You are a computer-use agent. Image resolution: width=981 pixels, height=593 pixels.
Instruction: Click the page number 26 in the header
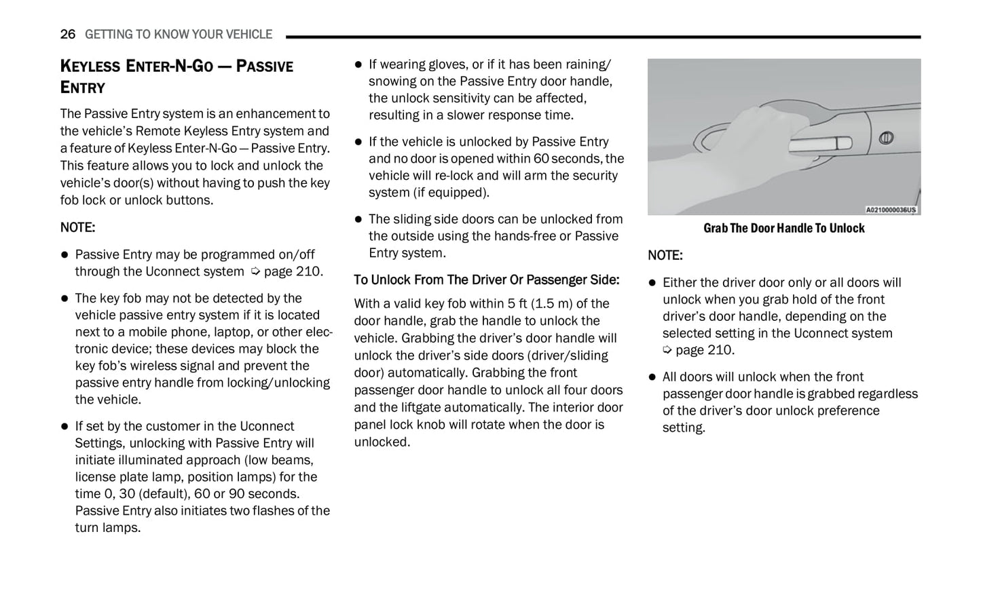click(x=67, y=34)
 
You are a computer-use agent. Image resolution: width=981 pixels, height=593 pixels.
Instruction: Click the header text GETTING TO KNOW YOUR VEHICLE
click(x=179, y=34)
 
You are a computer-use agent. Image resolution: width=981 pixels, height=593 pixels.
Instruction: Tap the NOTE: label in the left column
click(x=77, y=227)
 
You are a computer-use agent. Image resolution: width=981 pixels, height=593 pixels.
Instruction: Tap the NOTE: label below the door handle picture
click(x=665, y=255)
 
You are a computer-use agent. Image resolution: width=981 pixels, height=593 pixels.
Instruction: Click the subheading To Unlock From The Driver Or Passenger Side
click(x=486, y=280)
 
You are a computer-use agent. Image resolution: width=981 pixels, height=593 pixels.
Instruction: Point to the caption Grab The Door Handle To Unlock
click(x=783, y=228)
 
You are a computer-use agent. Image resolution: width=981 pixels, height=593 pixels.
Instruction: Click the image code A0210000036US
click(x=891, y=210)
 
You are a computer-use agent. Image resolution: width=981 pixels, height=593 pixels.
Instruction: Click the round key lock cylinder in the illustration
click(x=885, y=138)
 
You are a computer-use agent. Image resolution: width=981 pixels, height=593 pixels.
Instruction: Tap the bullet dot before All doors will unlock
click(x=652, y=377)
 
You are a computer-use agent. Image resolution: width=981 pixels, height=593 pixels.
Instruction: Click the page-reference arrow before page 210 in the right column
click(x=667, y=350)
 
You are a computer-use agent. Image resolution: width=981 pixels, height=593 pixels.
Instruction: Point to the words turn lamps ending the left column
click(x=107, y=528)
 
